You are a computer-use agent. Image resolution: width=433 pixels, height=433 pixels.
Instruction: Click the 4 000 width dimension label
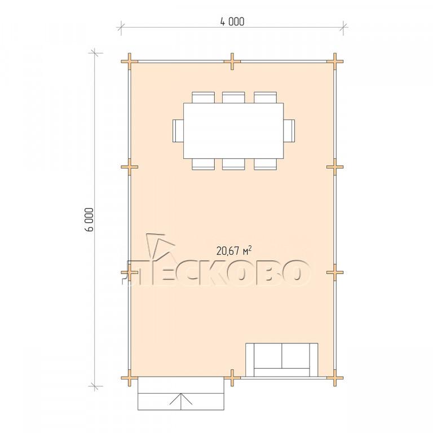click(x=232, y=22)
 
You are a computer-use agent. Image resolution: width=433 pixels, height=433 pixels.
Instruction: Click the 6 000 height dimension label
click(x=90, y=219)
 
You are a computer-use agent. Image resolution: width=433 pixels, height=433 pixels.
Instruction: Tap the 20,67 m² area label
click(x=234, y=250)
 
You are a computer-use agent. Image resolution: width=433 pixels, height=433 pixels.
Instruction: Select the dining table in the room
click(x=233, y=131)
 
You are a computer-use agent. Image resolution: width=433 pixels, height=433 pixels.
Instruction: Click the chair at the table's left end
click(x=178, y=131)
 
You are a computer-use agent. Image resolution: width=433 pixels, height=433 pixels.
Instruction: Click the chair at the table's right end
click(x=289, y=131)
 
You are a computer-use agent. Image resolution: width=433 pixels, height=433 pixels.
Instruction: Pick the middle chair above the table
click(x=233, y=98)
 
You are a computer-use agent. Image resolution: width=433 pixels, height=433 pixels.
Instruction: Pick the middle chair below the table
click(x=233, y=164)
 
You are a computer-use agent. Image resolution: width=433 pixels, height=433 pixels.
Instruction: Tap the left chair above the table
click(x=203, y=98)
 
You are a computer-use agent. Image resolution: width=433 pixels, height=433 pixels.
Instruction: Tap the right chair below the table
click(x=266, y=164)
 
